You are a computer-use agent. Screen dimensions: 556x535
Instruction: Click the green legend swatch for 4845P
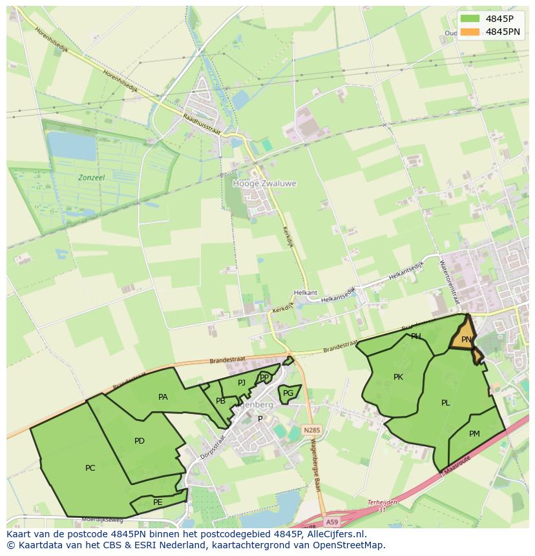[470, 19]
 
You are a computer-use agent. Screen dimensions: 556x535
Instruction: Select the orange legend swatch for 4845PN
[470, 32]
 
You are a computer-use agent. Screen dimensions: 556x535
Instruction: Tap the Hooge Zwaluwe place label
[264, 183]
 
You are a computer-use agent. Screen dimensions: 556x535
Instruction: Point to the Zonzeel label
[91, 176]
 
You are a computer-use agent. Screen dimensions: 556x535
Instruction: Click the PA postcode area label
[163, 397]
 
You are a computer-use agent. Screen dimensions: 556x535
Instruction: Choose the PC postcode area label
[90, 468]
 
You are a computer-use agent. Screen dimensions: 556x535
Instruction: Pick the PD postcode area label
[140, 441]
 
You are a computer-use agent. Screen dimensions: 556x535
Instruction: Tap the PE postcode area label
[158, 502]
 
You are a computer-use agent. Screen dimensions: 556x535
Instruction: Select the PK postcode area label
[398, 377]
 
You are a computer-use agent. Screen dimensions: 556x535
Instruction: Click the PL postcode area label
[445, 403]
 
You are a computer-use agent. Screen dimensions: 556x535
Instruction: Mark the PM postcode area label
[474, 434]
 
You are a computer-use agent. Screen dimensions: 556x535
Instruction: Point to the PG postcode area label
[288, 393]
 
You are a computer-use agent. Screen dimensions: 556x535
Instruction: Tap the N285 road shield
[311, 429]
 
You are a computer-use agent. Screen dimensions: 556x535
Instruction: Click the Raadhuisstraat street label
[202, 124]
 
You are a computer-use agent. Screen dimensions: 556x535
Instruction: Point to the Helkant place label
[306, 293]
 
